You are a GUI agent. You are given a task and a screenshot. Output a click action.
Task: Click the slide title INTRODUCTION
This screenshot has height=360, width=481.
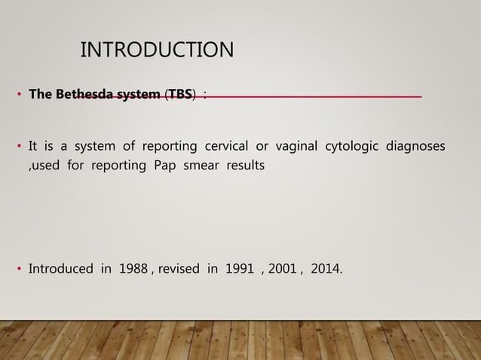tap(157, 50)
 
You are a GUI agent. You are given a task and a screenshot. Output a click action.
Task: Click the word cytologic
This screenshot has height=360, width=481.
tap(351, 145)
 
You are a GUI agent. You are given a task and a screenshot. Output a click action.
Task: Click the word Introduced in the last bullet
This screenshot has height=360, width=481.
tap(60, 269)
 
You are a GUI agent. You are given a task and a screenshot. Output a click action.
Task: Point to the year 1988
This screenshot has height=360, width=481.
tap(133, 269)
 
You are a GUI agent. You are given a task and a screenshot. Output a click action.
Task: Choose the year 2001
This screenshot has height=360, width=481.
tap(282, 269)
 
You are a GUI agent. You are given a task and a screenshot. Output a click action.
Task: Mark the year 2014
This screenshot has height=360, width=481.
tap(325, 269)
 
